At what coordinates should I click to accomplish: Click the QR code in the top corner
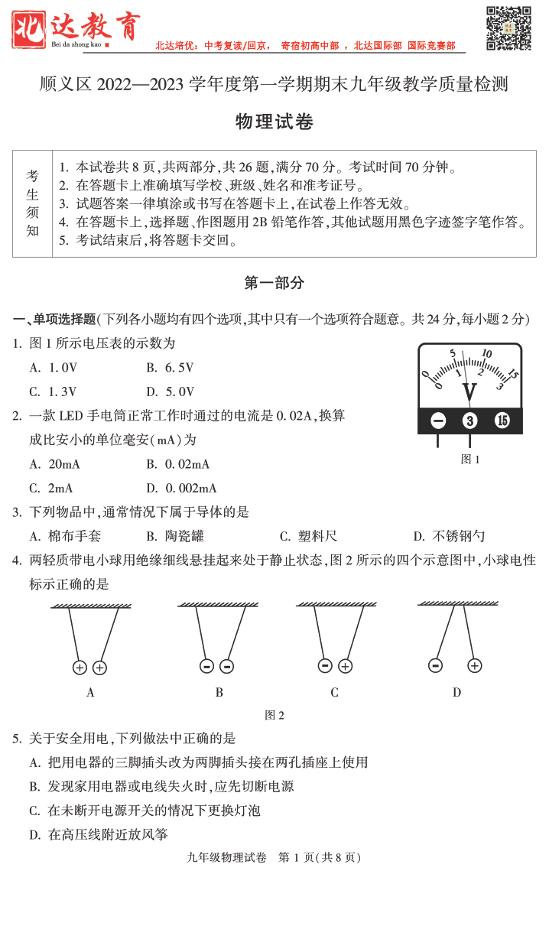[x=508, y=28]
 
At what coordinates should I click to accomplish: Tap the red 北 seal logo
[x=28, y=29]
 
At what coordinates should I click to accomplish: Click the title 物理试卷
[x=274, y=122]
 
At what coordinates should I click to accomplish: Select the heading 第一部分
[x=274, y=283]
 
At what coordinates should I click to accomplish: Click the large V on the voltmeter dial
[x=469, y=392]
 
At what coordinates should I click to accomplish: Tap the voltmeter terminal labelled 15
[x=502, y=421]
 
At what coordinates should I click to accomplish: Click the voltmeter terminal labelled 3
[x=469, y=421]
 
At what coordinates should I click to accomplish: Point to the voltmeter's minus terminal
[x=438, y=421]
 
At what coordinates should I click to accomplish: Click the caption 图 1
[x=470, y=460]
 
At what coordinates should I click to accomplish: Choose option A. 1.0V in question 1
[x=54, y=368]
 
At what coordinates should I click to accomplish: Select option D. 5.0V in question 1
[x=170, y=392]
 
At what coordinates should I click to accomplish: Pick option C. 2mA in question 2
[x=51, y=488]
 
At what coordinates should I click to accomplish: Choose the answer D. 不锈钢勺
[x=449, y=536]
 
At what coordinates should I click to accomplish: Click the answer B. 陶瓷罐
[x=175, y=536]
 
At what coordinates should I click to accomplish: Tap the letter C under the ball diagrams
[x=334, y=693]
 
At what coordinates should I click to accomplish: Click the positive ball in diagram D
[x=475, y=665]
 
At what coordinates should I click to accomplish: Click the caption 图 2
[x=274, y=716]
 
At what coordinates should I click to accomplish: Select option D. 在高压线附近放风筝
[x=99, y=834]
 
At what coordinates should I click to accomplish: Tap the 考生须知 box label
[x=33, y=203]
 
